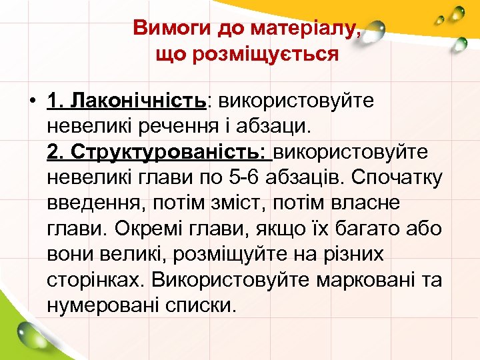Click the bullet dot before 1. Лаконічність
click(31, 101)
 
